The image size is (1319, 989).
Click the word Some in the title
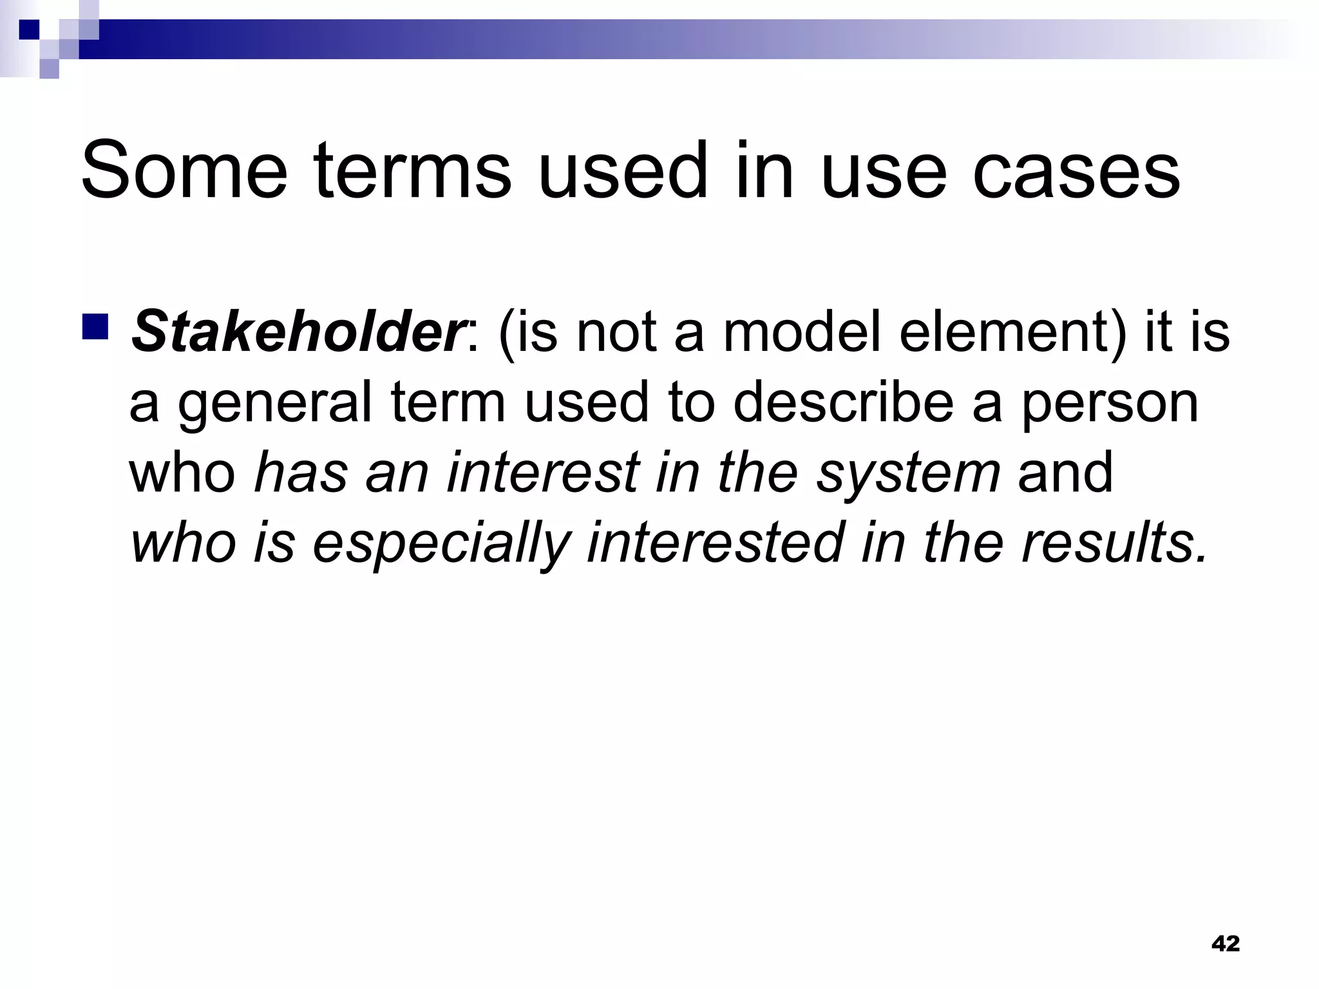tap(184, 171)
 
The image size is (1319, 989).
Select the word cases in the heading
tap(1076, 171)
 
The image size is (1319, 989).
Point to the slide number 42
tap(1225, 944)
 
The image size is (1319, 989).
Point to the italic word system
tap(908, 473)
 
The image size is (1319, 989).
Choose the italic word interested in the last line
tap(715, 543)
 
